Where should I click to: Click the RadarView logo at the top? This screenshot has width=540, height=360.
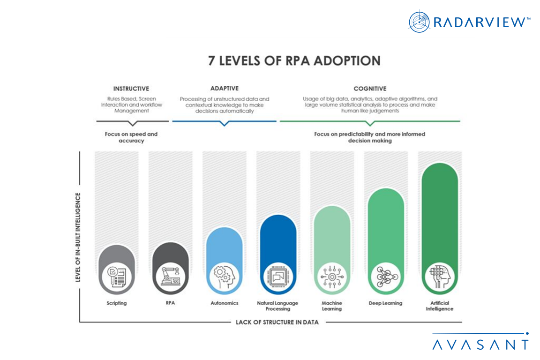(x=469, y=22)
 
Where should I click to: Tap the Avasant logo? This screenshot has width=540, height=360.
(x=480, y=344)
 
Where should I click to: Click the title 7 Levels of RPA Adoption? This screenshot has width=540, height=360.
(x=294, y=60)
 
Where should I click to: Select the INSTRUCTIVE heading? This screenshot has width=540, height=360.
(x=131, y=88)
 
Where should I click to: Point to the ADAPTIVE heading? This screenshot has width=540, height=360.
(x=224, y=88)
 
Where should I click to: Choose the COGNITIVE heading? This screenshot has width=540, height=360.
(x=370, y=88)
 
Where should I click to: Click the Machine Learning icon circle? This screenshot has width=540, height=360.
(x=332, y=276)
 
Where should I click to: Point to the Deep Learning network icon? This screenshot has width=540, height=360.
(x=386, y=276)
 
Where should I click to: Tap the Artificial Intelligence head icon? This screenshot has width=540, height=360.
(x=440, y=276)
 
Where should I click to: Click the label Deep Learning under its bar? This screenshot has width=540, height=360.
(x=386, y=303)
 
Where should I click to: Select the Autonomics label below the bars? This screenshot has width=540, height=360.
(x=225, y=303)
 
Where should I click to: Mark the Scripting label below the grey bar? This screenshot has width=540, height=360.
(x=117, y=303)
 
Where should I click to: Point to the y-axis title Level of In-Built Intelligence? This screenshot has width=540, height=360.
(x=78, y=237)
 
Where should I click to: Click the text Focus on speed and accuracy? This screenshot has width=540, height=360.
(x=131, y=137)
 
